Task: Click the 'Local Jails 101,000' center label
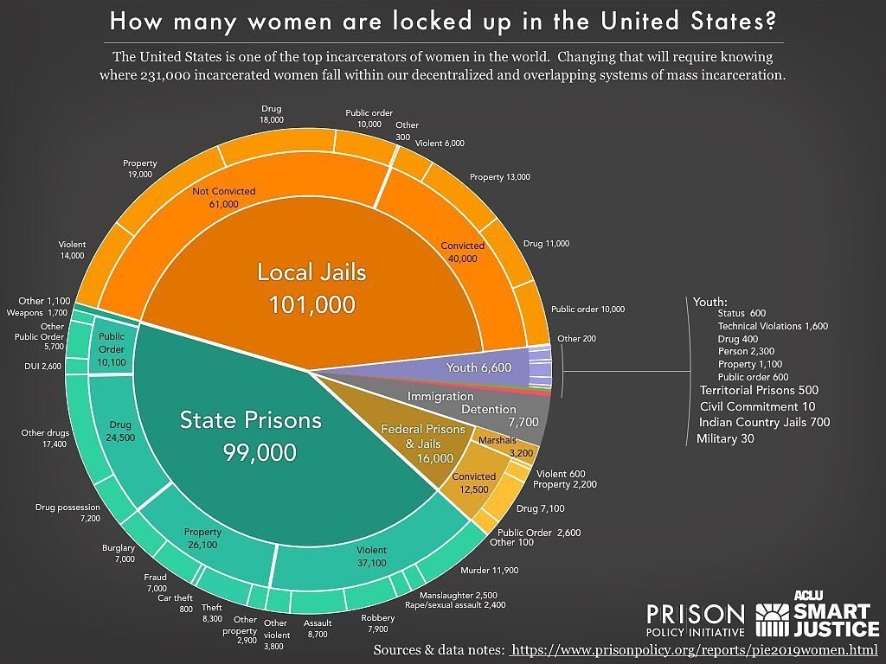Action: pyautogui.click(x=311, y=288)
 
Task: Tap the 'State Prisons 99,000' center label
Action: pyautogui.click(x=251, y=436)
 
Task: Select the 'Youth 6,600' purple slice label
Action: pyautogui.click(x=478, y=367)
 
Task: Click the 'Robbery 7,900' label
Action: pyautogui.click(x=377, y=622)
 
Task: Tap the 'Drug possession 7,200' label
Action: pyautogui.click(x=68, y=512)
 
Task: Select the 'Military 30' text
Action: pyautogui.click(x=725, y=438)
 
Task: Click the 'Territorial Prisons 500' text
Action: pyautogui.click(x=759, y=390)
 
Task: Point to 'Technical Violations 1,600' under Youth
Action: pyautogui.click(x=773, y=326)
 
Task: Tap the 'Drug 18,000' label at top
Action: pyautogui.click(x=272, y=114)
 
